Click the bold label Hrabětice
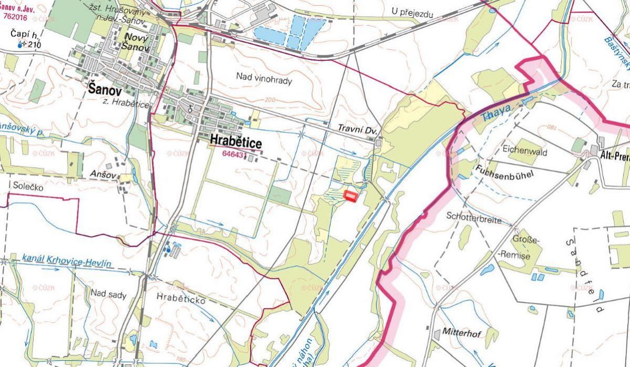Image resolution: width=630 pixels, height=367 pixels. [235, 141]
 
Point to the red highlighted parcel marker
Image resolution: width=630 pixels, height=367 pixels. [350, 196]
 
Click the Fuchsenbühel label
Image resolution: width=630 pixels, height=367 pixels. [498, 172]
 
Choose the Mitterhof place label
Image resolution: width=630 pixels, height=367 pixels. [462, 333]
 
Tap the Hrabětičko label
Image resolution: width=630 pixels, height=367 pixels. [181, 297]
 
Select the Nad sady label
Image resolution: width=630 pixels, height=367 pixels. [108, 294]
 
